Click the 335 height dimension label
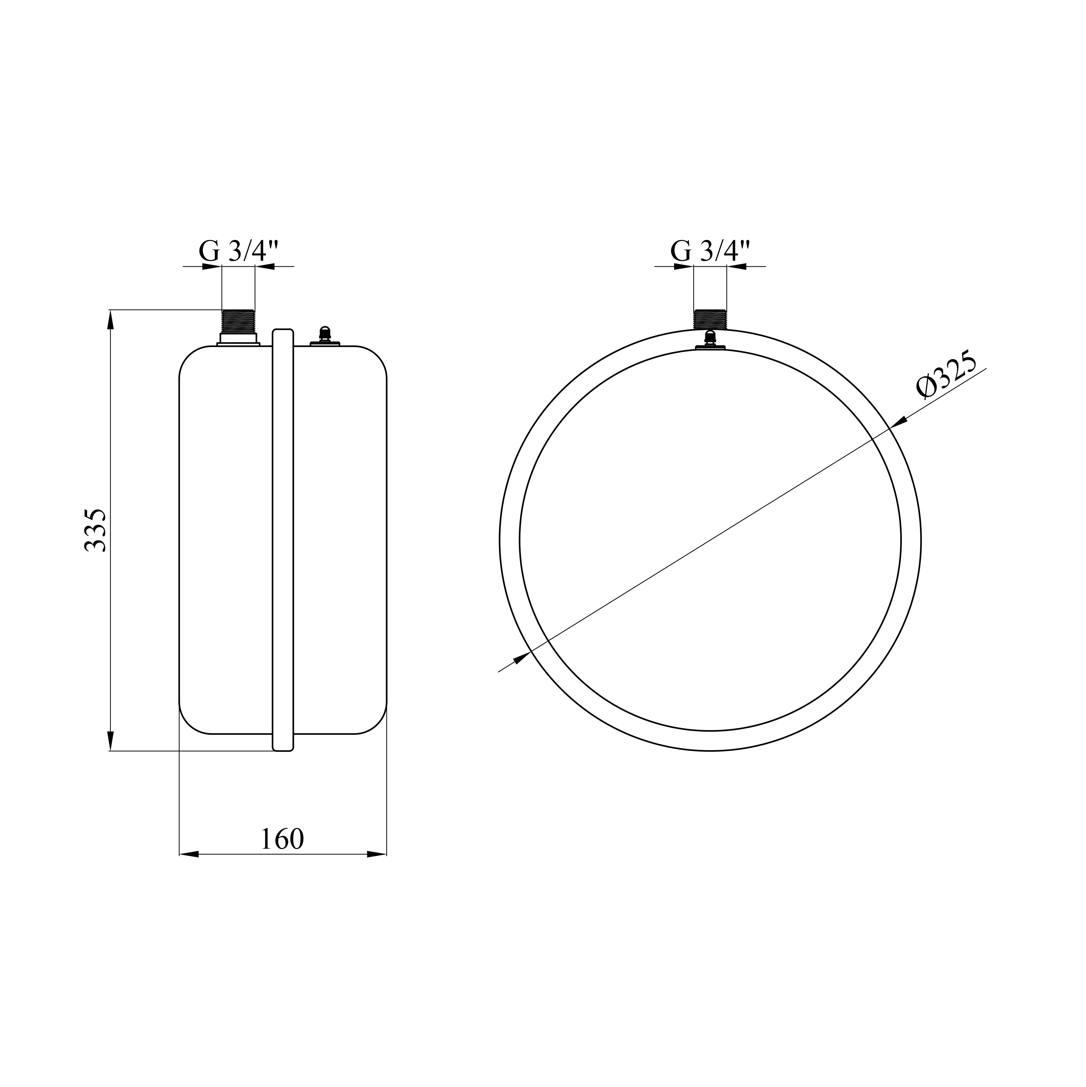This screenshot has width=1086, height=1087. [x=95, y=530]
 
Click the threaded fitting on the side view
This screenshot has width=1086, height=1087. [x=238, y=321]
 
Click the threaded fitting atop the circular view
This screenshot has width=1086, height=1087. [x=710, y=320]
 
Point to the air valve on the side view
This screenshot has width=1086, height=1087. [x=324, y=336]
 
